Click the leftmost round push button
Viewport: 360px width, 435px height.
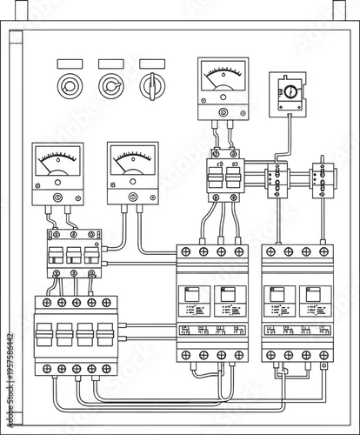click(69, 86)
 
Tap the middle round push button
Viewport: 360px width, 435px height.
click(110, 86)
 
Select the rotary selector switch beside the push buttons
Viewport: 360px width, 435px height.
click(152, 86)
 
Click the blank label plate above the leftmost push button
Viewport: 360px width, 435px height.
click(69, 64)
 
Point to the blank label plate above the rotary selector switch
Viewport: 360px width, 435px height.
click(152, 64)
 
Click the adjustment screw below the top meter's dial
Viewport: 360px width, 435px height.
click(223, 112)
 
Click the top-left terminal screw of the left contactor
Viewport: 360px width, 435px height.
click(185, 251)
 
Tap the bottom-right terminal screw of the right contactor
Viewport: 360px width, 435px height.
click(324, 355)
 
